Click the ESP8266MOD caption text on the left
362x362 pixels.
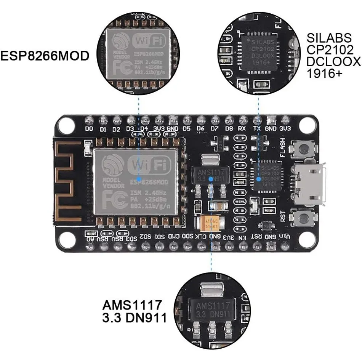click(x=45, y=56)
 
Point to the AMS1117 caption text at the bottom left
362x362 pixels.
click(x=132, y=305)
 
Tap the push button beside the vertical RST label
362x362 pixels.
click(x=304, y=218)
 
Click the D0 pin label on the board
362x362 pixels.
click(x=89, y=129)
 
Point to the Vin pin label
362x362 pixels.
click(x=285, y=237)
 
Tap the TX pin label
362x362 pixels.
click(x=257, y=129)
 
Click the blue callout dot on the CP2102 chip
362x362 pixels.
click(x=259, y=178)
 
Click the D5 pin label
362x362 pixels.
click(x=187, y=129)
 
